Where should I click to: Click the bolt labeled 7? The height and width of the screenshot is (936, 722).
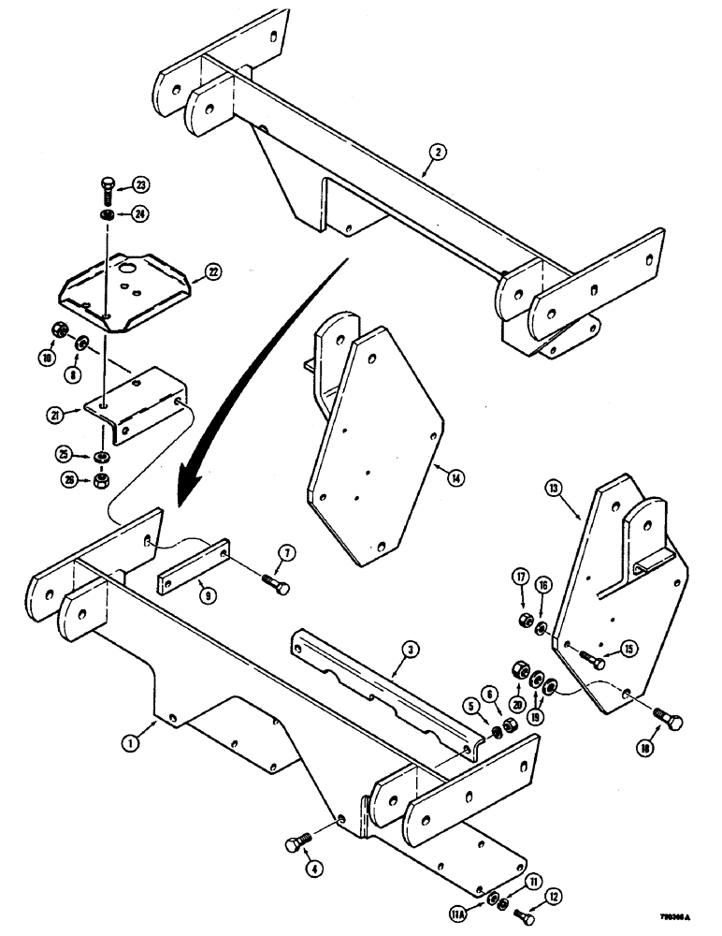[275, 586]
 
